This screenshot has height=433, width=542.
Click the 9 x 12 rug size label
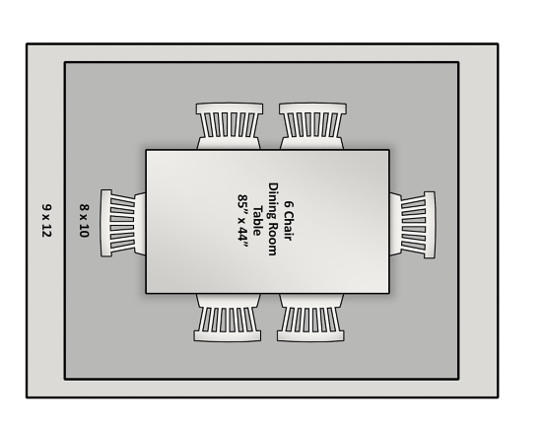(46, 220)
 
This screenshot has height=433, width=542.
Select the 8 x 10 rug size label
(85, 220)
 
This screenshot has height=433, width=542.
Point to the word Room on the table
(272, 240)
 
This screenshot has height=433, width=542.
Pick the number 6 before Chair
(289, 204)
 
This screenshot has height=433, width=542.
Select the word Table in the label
(257, 221)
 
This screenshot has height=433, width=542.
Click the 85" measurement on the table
(243, 202)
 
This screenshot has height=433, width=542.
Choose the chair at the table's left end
(123, 223)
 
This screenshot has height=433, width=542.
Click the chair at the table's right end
(412, 225)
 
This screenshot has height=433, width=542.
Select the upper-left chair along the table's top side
(230, 126)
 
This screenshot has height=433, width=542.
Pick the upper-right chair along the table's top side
(312, 126)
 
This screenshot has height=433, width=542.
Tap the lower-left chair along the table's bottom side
(228, 318)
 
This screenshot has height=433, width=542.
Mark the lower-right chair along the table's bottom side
(310, 318)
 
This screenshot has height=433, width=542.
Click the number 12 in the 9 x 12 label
(46, 231)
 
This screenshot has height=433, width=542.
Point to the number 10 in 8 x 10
(85, 231)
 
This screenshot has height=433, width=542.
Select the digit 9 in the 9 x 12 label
(46, 206)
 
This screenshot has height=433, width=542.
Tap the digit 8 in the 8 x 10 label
(85, 207)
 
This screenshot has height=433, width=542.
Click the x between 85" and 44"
(242, 218)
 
